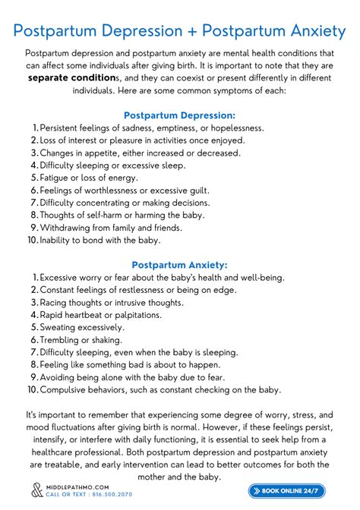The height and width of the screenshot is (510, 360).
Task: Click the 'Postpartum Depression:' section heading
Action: pos(179,115)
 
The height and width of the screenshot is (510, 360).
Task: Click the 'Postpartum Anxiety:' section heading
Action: pos(179,265)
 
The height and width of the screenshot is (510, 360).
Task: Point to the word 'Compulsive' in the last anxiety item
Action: pos(66,390)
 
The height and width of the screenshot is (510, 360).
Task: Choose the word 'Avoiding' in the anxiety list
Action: pos(60,377)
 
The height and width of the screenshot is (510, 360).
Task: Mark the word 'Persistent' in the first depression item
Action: pos(64,127)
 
